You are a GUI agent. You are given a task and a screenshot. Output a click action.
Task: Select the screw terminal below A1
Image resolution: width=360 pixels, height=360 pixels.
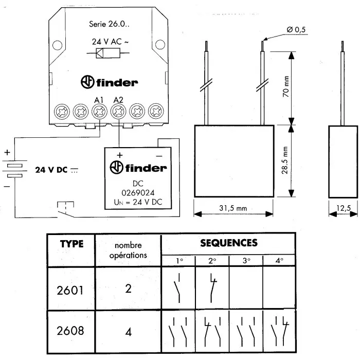pos(99,110)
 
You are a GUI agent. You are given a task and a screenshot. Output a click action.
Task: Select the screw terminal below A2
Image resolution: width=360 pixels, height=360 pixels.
pos(118,110)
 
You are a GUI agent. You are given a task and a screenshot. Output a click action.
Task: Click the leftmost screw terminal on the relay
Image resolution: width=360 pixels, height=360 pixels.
pos(62,110)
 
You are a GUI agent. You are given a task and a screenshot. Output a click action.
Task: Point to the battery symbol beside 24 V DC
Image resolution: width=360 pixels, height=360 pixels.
pos(17,170)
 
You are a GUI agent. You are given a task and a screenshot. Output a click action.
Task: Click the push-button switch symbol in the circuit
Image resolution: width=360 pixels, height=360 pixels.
pos(64,208)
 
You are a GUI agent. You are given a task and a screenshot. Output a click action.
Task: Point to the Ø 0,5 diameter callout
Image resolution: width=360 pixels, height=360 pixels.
pos(297,30)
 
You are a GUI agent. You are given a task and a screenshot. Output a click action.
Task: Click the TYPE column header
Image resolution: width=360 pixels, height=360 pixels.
pos(71,244)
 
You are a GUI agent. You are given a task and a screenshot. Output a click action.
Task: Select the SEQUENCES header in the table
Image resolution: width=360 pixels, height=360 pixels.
pos(229,242)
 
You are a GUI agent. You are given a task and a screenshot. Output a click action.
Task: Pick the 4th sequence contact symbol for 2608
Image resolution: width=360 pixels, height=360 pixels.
pos(279,331)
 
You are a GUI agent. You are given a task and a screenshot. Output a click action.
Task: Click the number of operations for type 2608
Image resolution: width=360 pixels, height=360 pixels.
pos(129,332)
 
